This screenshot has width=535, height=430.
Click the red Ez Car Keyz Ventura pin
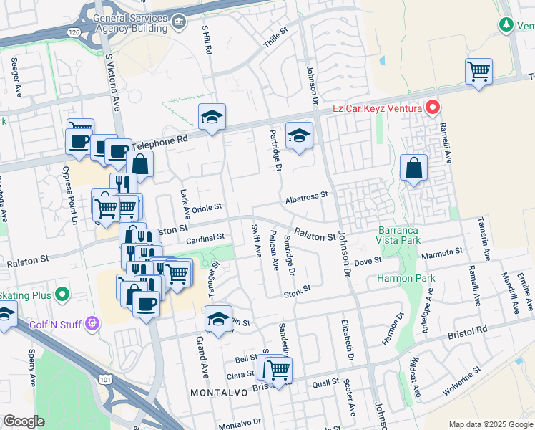tap(433, 108)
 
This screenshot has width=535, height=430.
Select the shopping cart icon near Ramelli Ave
tap(478, 72)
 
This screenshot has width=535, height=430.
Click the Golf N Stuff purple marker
tap(92, 324)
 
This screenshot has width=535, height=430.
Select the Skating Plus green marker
tap(62, 294)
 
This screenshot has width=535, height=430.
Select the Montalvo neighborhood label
tap(219, 393)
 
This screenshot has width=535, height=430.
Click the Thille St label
tap(275, 37)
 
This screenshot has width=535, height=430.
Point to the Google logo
tap(24, 421)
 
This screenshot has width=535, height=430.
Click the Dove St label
tap(368, 263)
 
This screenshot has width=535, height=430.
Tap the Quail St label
tap(325, 383)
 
